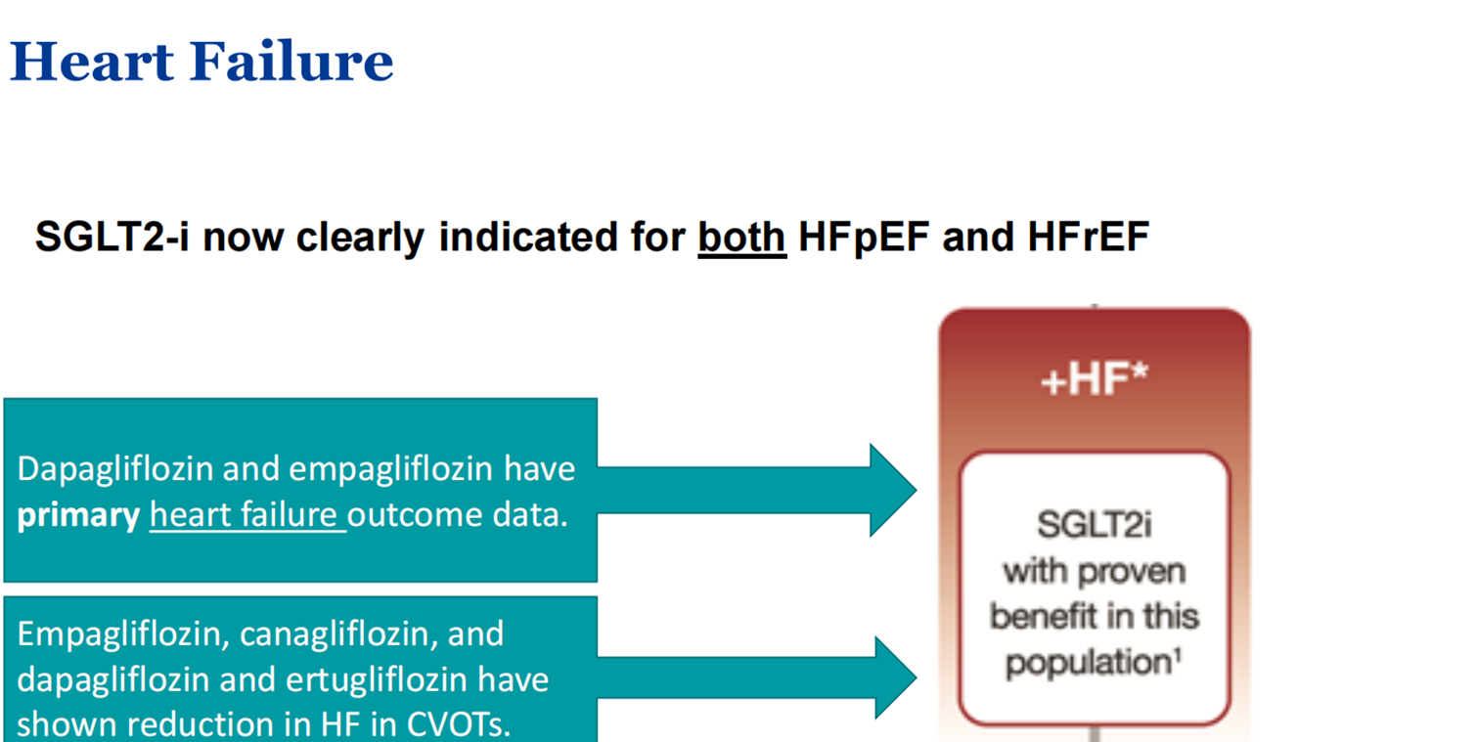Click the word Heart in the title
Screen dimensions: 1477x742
pos(92,62)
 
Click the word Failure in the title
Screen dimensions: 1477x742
pos(291,62)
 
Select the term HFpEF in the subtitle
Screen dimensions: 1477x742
pos(864,238)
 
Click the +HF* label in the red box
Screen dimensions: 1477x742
pos(1095,379)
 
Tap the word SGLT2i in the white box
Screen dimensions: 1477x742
pos(1095,525)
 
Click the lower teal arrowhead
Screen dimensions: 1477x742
pos(895,677)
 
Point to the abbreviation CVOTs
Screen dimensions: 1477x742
pos(459,724)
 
